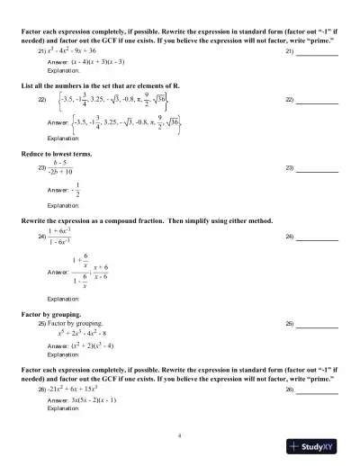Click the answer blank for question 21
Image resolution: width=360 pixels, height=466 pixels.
317,54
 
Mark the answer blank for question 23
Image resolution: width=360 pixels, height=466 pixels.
317,169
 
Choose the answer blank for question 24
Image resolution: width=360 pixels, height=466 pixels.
317,237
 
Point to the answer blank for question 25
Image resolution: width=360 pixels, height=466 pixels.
317,322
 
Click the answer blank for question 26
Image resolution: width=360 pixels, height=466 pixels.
317,390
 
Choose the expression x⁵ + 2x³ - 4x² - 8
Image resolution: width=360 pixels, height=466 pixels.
89,332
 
